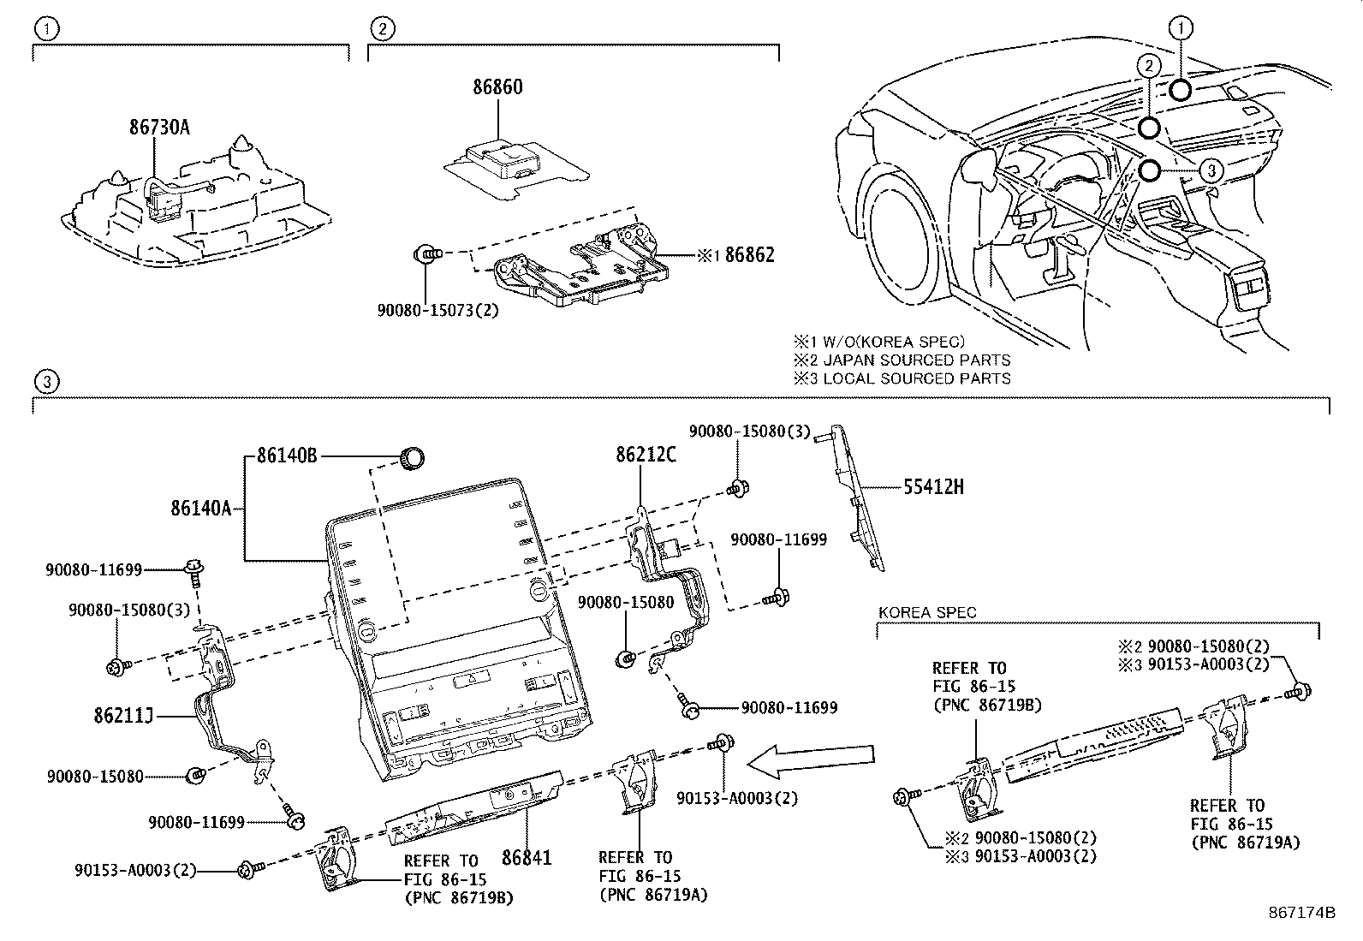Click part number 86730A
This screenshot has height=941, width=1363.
(x=159, y=128)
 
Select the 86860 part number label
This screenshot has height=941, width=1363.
(x=497, y=87)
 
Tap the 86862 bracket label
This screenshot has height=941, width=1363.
(x=749, y=254)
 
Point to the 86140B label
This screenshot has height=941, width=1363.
(x=287, y=456)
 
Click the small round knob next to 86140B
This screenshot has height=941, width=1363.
(x=414, y=457)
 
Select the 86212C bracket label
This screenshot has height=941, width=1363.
(x=646, y=455)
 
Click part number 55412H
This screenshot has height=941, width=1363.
(x=933, y=487)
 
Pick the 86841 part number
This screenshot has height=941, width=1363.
(x=527, y=857)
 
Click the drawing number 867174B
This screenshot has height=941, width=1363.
(x=1302, y=913)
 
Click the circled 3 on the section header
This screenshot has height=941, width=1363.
(x=47, y=382)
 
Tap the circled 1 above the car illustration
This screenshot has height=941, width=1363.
(x=1181, y=29)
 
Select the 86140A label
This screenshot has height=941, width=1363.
(x=200, y=509)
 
